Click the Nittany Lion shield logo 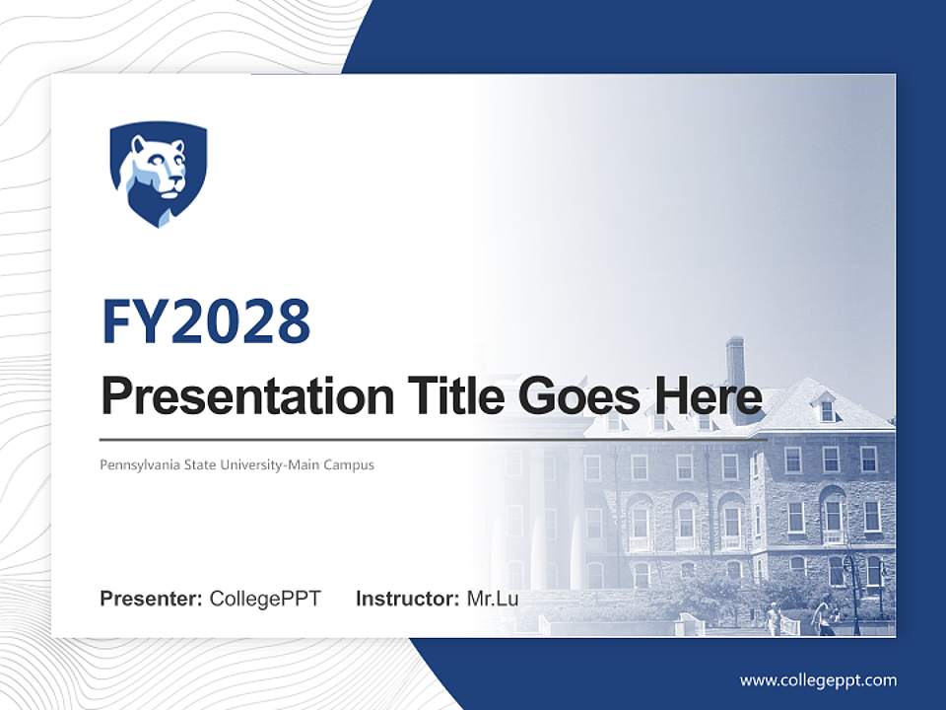[x=158, y=173]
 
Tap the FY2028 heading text [x=206, y=320]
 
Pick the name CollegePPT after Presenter [x=265, y=598]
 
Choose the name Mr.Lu [x=493, y=598]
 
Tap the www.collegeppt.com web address [x=818, y=680]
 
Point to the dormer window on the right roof [x=826, y=408]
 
